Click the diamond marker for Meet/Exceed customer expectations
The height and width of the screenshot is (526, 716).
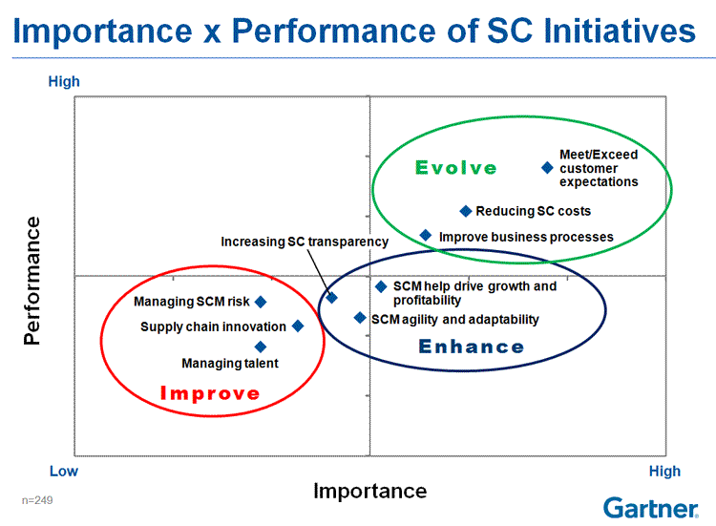pyautogui.click(x=547, y=168)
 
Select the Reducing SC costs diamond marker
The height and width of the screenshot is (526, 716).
pyautogui.click(x=465, y=211)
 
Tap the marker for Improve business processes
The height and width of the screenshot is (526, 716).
pyautogui.click(x=426, y=235)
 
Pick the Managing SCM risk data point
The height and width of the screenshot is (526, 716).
pyautogui.click(x=261, y=302)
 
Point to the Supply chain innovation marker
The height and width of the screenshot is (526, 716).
pyautogui.click(x=298, y=326)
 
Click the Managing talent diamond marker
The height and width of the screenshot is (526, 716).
pyautogui.click(x=261, y=347)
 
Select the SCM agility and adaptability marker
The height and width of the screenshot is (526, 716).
pyautogui.click(x=360, y=318)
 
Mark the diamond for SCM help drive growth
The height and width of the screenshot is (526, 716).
pyautogui.click(x=381, y=286)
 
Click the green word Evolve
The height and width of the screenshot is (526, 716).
pyautogui.click(x=455, y=168)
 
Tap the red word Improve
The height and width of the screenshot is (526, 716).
pyautogui.click(x=210, y=393)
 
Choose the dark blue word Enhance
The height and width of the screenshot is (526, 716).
pyautogui.click(x=472, y=347)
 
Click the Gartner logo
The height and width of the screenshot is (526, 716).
pyautogui.click(x=651, y=508)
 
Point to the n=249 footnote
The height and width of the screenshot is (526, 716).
pyautogui.click(x=37, y=500)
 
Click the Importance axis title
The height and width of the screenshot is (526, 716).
pyautogui.click(x=369, y=492)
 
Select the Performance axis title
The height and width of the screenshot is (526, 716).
pyautogui.click(x=32, y=281)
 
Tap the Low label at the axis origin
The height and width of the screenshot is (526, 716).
pyautogui.click(x=64, y=472)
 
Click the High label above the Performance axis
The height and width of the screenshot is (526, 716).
pyautogui.click(x=64, y=81)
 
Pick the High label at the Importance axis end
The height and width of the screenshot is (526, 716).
pyautogui.click(x=664, y=472)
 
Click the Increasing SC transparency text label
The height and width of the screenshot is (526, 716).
pyautogui.click(x=305, y=242)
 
